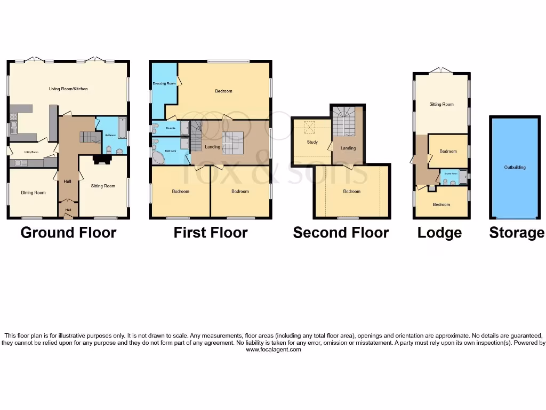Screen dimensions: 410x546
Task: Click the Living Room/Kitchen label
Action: tap(68, 89)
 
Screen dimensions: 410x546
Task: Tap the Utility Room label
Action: tap(32, 152)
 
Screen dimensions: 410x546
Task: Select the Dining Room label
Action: tap(33, 193)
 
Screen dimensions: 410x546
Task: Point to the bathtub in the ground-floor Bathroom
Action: tap(122, 128)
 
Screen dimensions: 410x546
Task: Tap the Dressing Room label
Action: tap(164, 83)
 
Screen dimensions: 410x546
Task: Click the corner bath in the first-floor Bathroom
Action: tap(159, 157)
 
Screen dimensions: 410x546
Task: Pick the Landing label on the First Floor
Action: tap(212, 147)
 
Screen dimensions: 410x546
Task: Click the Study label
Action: tap(312, 142)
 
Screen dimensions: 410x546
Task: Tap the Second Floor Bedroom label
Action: tap(351, 191)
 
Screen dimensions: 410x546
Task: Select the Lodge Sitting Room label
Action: tap(441, 104)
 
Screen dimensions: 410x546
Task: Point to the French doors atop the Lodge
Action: tap(441, 70)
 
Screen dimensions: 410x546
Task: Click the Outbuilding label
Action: tap(515, 167)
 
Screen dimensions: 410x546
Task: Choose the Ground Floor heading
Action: tap(68, 233)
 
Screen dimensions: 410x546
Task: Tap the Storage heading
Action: tap(517, 233)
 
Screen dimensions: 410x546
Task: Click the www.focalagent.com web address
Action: tap(273, 350)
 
